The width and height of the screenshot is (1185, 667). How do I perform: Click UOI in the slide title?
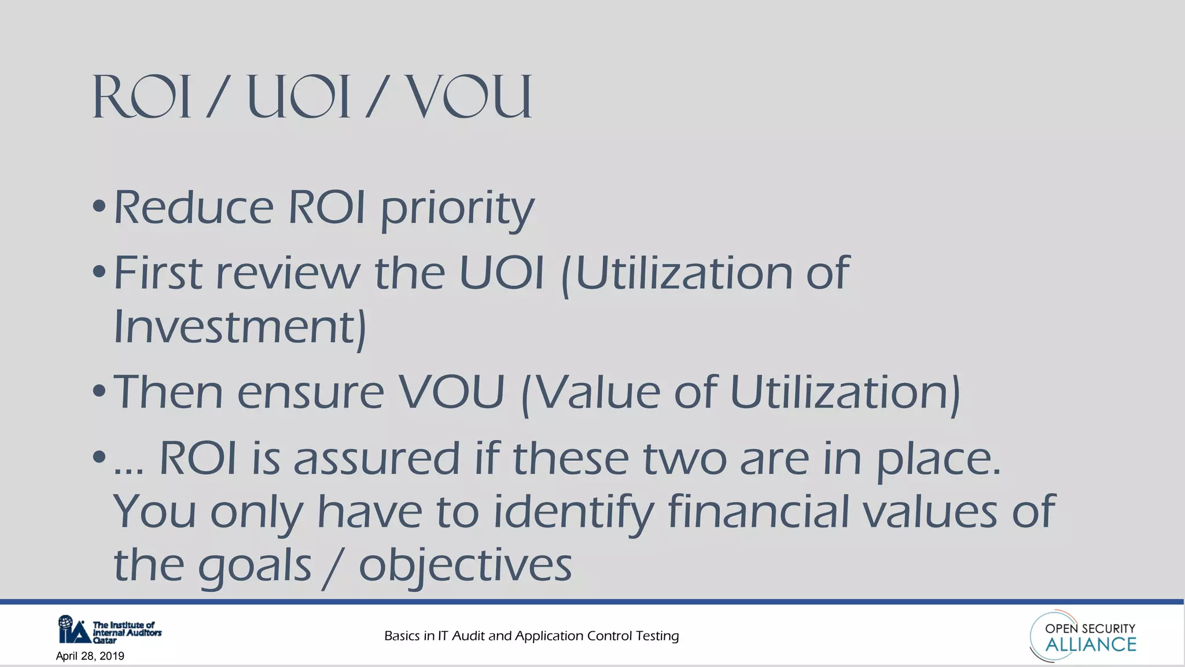pyautogui.click(x=299, y=97)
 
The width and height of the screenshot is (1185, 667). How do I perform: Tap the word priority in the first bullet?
pyautogui.click(x=457, y=208)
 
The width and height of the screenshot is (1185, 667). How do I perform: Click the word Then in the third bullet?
pyautogui.click(x=168, y=392)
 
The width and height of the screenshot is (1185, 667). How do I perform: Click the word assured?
pyautogui.click(x=377, y=459)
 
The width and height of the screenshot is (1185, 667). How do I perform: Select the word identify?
pyautogui.click(x=573, y=512)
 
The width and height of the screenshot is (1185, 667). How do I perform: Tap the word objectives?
pyautogui.click(x=465, y=566)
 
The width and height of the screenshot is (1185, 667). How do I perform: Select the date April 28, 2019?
pyautogui.click(x=90, y=656)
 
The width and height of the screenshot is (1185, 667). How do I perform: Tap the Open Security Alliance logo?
pyautogui.click(x=1083, y=636)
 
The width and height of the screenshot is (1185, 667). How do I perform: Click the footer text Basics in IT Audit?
pyautogui.click(x=531, y=636)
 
